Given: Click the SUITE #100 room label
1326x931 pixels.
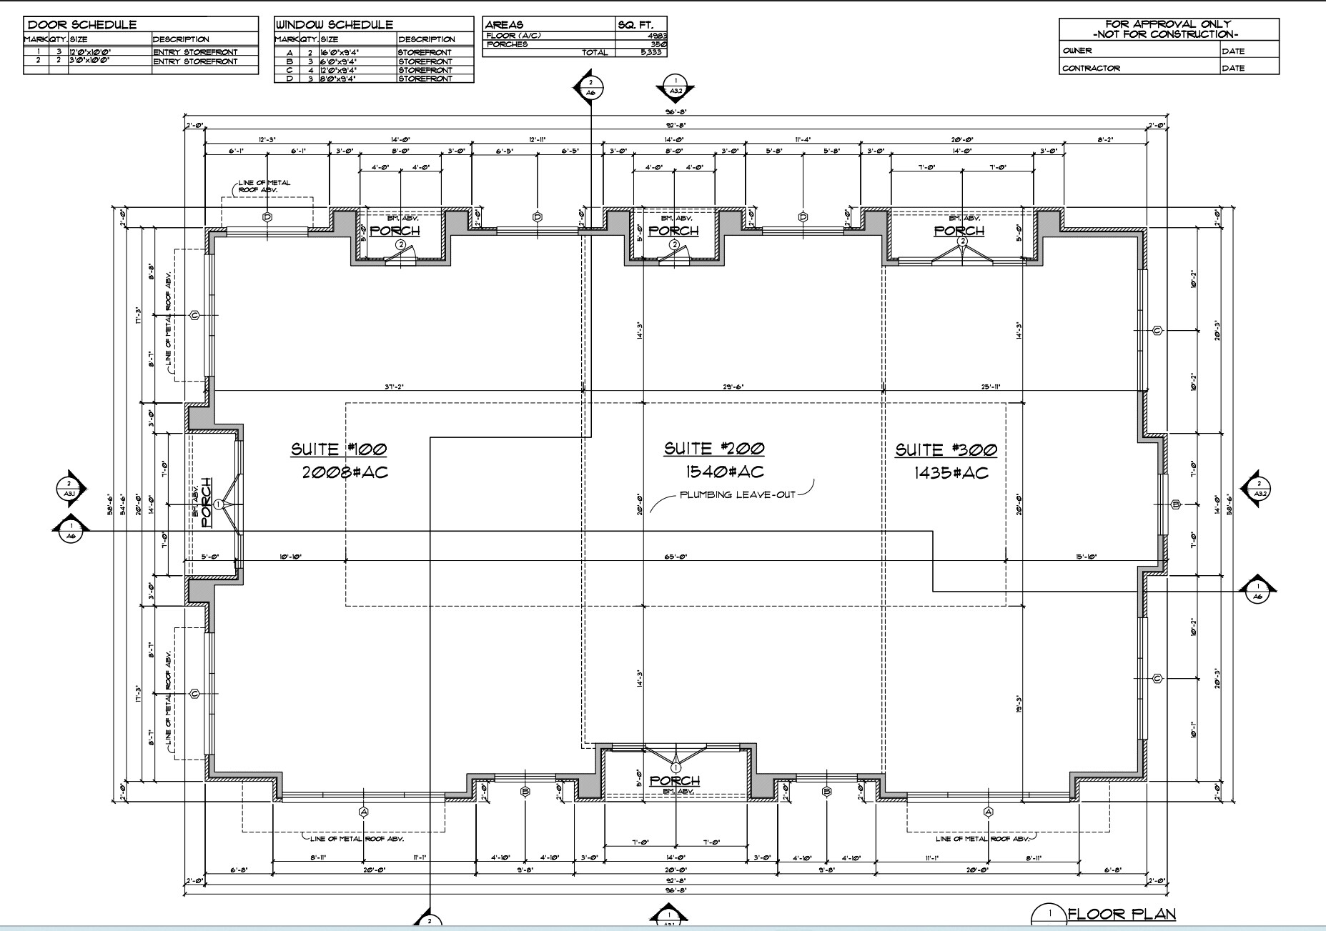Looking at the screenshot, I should (338, 449).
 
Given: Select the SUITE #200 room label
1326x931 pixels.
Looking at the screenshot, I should (713, 449).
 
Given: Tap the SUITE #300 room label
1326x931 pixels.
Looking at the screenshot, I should (946, 449).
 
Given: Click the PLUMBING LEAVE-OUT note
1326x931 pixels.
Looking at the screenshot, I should (737, 494).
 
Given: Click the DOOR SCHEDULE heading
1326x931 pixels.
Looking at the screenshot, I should (82, 25).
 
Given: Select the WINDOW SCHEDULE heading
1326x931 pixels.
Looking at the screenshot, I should (335, 25).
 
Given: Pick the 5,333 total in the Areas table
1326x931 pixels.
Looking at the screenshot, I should (650, 52).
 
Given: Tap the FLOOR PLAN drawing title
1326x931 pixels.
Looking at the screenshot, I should (1122, 914).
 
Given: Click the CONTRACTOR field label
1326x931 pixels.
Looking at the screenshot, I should (1091, 69).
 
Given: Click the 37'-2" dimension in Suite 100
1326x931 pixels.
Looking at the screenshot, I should (395, 387).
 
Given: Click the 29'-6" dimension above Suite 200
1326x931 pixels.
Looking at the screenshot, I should (733, 387).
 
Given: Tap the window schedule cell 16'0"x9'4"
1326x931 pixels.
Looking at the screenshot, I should (338, 53).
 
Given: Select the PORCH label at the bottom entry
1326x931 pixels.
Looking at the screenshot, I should (674, 780).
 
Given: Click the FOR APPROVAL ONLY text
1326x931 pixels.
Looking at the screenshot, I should (1169, 24).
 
